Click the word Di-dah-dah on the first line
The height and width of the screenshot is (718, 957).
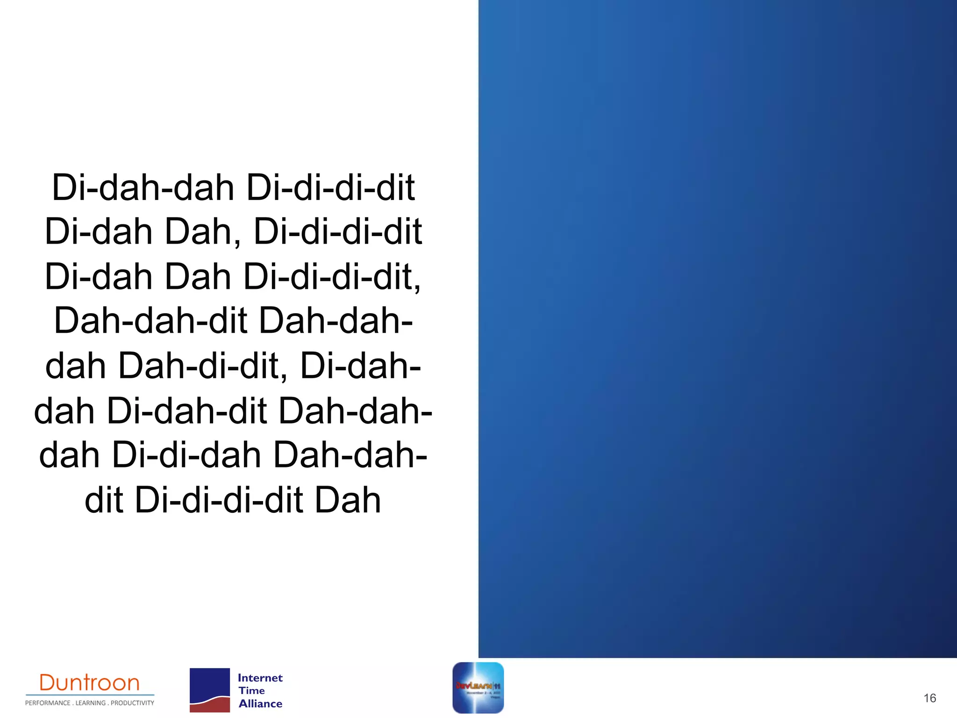(x=143, y=188)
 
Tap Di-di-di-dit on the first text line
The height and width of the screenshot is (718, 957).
(x=330, y=188)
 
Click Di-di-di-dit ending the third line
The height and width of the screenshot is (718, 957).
(x=332, y=277)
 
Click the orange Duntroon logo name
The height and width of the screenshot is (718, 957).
(x=89, y=683)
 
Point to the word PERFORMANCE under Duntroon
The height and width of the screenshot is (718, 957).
(x=48, y=703)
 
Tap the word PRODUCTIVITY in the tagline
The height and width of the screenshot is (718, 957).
(x=132, y=703)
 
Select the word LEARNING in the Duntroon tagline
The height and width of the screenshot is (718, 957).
(x=91, y=703)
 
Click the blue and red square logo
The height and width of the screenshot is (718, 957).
(x=210, y=690)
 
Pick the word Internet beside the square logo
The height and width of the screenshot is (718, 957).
(x=260, y=678)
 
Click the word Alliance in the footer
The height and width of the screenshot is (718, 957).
(x=260, y=704)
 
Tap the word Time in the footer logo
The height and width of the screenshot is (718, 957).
(x=251, y=690)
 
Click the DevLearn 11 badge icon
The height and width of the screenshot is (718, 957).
(x=478, y=688)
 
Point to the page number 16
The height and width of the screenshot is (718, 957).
(x=929, y=698)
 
